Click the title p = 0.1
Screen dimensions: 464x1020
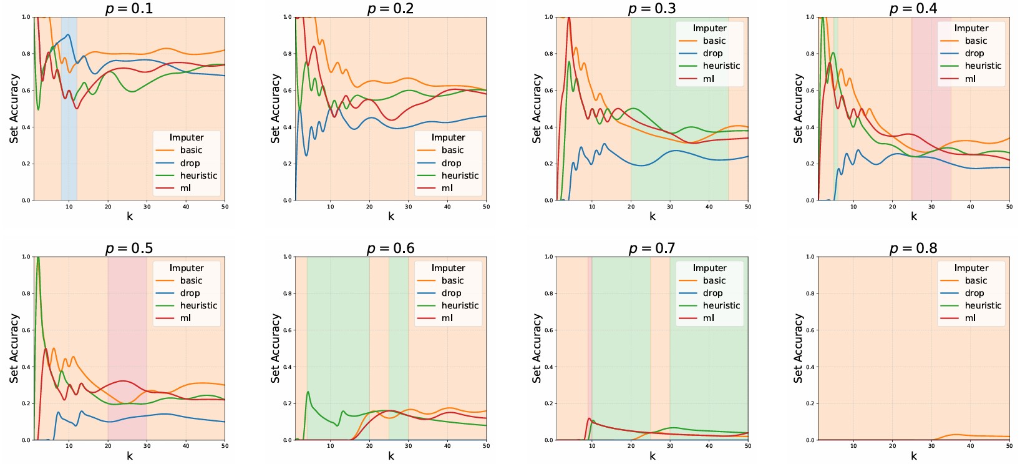tap(129, 8)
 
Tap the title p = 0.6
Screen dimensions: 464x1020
tap(391, 248)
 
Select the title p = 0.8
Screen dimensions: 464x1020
tap(913, 248)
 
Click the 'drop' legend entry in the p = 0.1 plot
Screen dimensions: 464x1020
tap(190, 163)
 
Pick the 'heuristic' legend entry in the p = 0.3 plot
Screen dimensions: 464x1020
tap(721, 66)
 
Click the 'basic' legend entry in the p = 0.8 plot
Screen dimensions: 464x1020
tap(976, 280)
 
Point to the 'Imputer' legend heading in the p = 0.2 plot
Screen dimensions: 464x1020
tap(448, 137)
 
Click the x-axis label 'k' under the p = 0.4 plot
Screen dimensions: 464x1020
tap(913, 217)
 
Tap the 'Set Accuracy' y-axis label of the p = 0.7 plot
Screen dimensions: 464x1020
tap(537, 348)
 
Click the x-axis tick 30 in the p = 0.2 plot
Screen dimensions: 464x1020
tap(409, 207)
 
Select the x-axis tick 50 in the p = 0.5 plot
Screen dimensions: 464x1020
tap(225, 446)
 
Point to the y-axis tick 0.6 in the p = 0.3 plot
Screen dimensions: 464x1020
tap(548, 90)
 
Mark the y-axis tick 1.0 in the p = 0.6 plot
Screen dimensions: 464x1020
tap(287, 257)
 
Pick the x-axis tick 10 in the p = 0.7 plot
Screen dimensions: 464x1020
tap(592, 446)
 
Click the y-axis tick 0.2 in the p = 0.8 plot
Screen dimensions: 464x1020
tap(810, 403)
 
